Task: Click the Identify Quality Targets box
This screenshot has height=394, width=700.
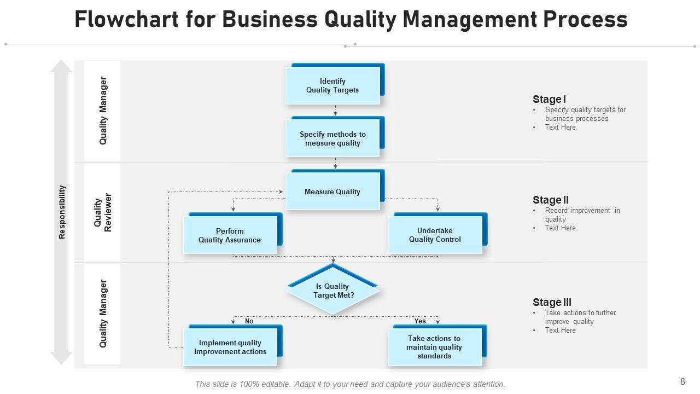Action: coord(332,85)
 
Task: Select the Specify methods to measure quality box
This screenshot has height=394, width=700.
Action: coord(332,138)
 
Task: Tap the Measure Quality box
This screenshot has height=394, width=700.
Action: coord(332,192)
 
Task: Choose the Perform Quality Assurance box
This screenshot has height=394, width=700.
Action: coord(230,235)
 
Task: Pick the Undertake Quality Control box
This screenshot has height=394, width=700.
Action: coord(435,235)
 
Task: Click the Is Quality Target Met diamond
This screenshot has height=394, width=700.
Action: coord(333,291)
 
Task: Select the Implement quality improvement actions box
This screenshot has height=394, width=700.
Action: coord(230,347)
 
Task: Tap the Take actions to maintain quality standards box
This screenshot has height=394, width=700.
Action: coord(434,347)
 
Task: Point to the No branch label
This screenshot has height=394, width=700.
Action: coord(249,321)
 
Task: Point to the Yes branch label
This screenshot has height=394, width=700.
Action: coord(420,321)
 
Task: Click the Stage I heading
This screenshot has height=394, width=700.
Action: coord(549,99)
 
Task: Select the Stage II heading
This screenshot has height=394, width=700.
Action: coord(551,200)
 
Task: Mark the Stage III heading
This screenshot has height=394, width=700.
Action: coord(552,302)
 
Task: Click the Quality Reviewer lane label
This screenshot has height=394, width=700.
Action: coord(103,212)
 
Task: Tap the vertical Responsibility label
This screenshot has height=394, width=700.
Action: coord(62,212)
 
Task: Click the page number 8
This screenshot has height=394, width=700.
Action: coord(682,382)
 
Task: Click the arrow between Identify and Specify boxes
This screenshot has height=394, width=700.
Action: coord(336,111)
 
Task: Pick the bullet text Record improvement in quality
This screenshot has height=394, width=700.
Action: coord(582,215)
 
